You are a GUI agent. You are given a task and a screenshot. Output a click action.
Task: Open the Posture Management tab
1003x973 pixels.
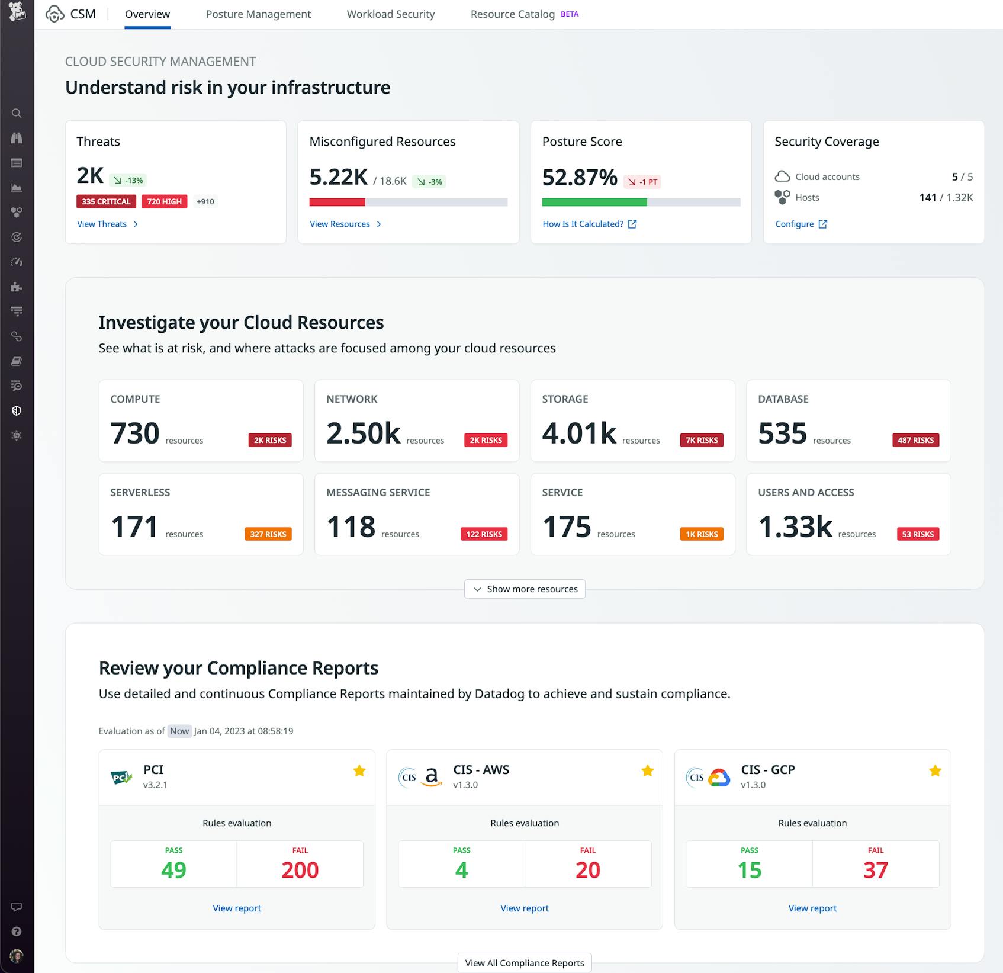258,14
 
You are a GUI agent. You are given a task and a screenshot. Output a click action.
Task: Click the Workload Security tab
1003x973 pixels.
391,14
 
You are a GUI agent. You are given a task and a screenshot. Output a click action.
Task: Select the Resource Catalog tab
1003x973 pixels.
513,14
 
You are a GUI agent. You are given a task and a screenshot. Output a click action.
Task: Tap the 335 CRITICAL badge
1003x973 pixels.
106,201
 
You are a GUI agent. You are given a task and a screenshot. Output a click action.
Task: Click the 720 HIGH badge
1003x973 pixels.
164,201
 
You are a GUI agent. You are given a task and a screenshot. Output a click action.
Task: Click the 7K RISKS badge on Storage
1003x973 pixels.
702,440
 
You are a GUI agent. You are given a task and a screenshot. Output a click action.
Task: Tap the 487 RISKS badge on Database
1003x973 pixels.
915,440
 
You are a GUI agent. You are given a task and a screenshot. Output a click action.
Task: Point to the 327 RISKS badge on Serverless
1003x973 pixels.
268,534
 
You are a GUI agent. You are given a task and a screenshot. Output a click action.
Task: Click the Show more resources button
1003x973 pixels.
525,589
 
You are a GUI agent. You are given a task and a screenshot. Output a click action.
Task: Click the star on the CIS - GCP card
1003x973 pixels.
935,770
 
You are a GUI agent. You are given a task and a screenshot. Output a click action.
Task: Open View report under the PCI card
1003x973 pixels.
237,908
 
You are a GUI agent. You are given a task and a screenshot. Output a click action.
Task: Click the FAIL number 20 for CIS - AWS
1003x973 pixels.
587,869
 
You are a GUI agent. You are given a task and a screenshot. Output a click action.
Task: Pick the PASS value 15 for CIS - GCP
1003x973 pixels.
749,869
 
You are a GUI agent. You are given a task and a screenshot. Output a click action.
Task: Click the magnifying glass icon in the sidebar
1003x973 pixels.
17,113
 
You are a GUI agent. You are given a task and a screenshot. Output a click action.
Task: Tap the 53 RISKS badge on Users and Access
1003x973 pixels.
918,534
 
